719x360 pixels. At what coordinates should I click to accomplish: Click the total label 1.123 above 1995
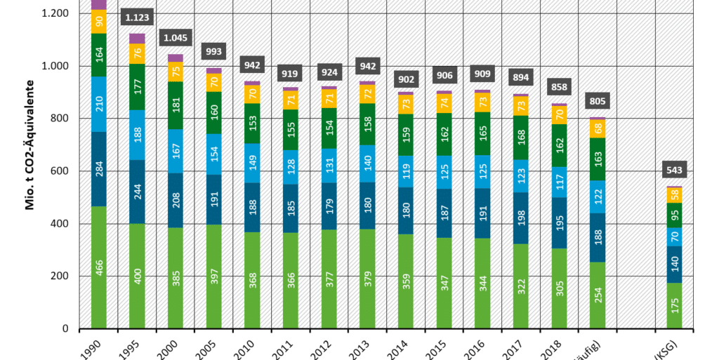point(138,17)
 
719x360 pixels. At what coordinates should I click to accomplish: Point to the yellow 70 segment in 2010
point(251,94)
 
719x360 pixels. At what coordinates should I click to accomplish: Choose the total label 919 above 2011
point(291,74)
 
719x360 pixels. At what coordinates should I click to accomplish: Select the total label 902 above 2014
point(405,79)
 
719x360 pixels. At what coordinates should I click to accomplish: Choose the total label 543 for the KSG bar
point(674,171)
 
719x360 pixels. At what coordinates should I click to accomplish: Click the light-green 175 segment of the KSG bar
point(674,305)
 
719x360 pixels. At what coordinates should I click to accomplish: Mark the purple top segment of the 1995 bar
point(138,39)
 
